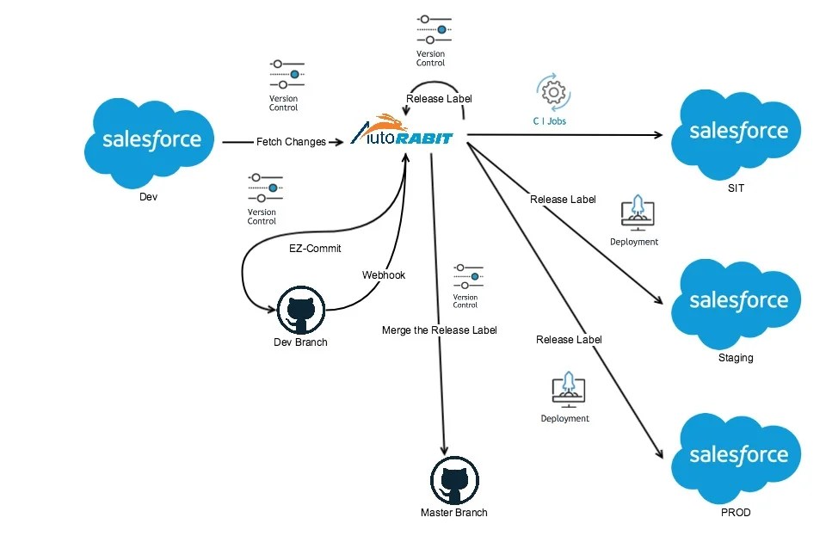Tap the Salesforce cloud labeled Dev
pos(151,140)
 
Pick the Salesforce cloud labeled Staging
pos(738,300)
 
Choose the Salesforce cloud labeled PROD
pos(738,455)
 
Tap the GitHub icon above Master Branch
pos(453,480)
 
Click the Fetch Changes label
pos(291,142)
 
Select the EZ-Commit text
pos(315,249)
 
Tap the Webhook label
pos(384,275)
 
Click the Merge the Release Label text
pos(439,330)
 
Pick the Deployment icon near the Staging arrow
pos(638,214)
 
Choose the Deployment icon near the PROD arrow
pos(567,389)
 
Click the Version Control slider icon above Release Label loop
pos(433,29)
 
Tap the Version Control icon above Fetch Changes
pos(287,75)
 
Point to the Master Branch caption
pos(453,513)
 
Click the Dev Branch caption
pos(300,342)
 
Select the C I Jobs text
pos(549,121)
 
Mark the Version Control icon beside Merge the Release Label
pos(468,276)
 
